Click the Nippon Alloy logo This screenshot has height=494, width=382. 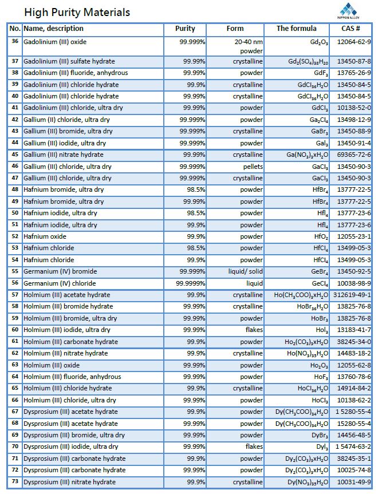pyautogui.click(x=349, y=11)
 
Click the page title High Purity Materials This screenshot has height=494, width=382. pyautogui.click(x=77, y=12)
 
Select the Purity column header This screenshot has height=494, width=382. pyautogui.click(x=185, y=29)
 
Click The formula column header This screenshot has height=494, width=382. pyautogui.click(x=296, y=29)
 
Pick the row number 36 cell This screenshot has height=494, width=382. pyautogui.click(x=15, y=42)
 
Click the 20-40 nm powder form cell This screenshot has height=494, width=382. pyautogui.click(x=249, y=46)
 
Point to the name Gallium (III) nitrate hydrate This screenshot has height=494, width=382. pyautogui.click(x=64, y=155)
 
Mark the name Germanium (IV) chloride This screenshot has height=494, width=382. pyautogui.click(x=60, y=283)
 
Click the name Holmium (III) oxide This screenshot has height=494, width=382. pyautogui.click(x=52, y=365)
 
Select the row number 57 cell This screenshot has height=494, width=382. pyautogui.click(x=15, y=295)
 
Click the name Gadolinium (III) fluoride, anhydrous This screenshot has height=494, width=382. pyautogui.click(x=76, y=73)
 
